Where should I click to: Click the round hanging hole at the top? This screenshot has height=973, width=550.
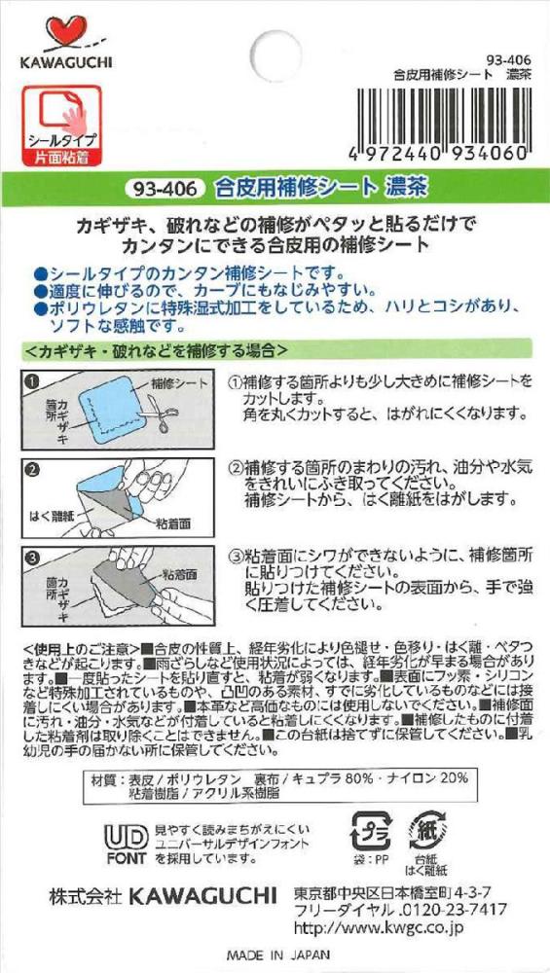(x=275, y=55)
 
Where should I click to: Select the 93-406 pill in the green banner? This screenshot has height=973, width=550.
(x=165, y=188)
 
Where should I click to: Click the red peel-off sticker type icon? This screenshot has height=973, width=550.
(x=62, y=126)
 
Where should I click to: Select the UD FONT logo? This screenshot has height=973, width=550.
(x=126, y=844)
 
